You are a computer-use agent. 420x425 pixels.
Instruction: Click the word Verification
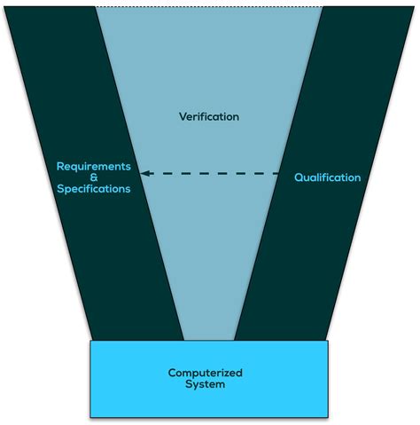pyautogui.click(x=209, y=117)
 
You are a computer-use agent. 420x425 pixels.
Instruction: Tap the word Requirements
pyautogui.click(x=94, y=167)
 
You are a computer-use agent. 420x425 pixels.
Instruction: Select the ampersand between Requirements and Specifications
pyautogui.click(x=94, y=177)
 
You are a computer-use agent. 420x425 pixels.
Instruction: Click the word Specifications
pyautogui.click(x=94, y=189)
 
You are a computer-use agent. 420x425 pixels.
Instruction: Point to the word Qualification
pyautogui.click(x=327, y=177)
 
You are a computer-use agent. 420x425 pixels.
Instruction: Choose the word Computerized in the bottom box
pyautogui.click(x=206, y=373)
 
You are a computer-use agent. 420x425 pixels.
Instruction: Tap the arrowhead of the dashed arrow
pyautogui.click(x=145, y=174)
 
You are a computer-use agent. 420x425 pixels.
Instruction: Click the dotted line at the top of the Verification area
pyautogui.click(x=209, y=7)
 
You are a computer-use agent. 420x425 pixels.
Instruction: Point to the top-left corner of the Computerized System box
pyautogui.click(x=90, y=341)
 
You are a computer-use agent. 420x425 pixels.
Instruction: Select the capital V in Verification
pyautogui.click(x=183, y=117)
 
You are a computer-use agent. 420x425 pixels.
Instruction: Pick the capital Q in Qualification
pyautogui.click(x=299, y=177)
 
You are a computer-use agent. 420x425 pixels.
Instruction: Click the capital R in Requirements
pyautogui.click(x=60, y=167)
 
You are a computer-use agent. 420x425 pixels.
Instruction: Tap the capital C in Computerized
pyautogui.click(x=172, y=373)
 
